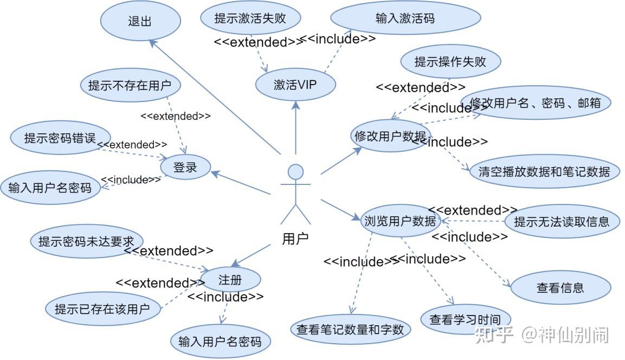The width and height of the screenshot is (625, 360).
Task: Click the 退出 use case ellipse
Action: point(140,22)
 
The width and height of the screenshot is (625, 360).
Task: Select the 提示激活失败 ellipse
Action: point(250,18)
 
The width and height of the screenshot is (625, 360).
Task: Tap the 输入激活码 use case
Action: point(405,18)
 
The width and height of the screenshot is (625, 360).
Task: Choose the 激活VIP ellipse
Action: point(295,85)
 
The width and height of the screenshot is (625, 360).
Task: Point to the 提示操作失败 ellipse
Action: point(450,62)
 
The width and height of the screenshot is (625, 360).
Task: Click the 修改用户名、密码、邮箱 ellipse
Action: point(536,103)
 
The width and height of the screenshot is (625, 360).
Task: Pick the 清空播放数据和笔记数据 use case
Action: point(544,172)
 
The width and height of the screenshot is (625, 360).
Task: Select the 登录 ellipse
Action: point(185,168)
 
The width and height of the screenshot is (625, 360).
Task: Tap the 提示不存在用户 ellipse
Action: point(130,85)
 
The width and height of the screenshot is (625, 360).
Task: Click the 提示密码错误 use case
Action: point(60,138)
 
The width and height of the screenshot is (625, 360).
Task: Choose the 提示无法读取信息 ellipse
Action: point(562,221)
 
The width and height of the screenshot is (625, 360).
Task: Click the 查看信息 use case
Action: point(560,288)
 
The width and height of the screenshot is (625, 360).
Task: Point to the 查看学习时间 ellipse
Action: point(465,319)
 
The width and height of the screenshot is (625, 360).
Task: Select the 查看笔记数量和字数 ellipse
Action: point(350,329)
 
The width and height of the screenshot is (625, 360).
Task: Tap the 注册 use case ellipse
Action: point(230,280)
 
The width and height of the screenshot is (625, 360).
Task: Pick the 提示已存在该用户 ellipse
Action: point(102,310)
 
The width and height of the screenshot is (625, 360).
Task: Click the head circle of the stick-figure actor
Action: point(295,172)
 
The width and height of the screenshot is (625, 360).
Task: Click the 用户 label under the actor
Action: point(295,239)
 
